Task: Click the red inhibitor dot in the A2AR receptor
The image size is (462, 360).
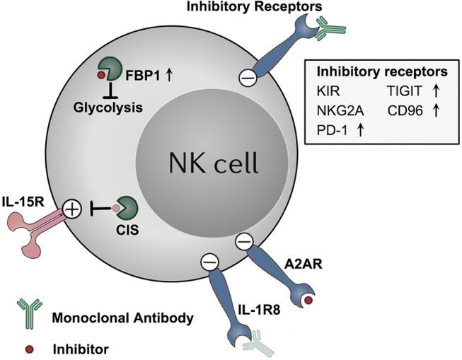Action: (x=309, y=302)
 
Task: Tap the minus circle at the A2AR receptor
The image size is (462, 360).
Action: (x=243, y=242)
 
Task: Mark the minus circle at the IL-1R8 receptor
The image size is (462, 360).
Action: (x=210, y=262)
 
